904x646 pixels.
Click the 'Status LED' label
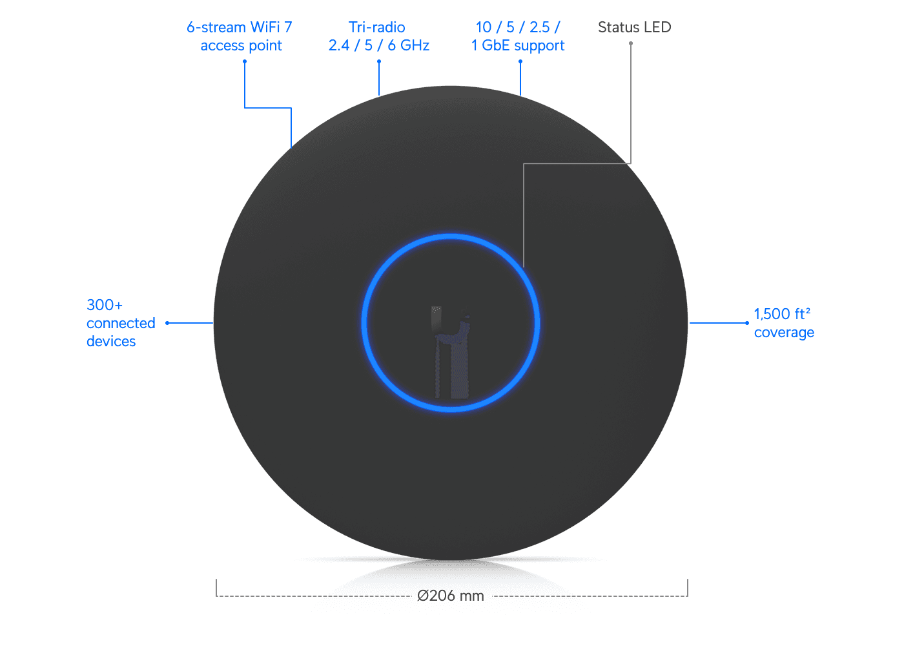tap(634, 27)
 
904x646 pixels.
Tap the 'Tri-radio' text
tap(377, 27)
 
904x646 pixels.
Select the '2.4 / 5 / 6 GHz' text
tap(379, 45)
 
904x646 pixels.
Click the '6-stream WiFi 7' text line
tap(240, 27)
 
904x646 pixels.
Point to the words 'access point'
tap(241, 45)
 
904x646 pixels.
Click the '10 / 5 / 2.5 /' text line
tap(518, 27)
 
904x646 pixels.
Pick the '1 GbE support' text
tap(519, 45)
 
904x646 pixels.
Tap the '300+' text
tap(105, 304)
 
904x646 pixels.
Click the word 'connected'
tap(121, 323)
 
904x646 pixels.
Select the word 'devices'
tap(111, 341)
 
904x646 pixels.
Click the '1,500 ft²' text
tap(782, 314)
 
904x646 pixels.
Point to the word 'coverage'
tap(784, 333)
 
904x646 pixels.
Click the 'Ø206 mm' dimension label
tap(451, 596)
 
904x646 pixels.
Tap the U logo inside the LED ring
tap(451, 352)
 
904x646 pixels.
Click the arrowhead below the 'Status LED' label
tap(631, 43)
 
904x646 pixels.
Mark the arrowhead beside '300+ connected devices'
tap(167, 323)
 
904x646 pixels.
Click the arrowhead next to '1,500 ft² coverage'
tap(747, 323)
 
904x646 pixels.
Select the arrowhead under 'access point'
tap(244, 61)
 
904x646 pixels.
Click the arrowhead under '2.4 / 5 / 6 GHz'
tap(379, 61)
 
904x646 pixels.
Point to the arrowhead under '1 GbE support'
tap(520, 61)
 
